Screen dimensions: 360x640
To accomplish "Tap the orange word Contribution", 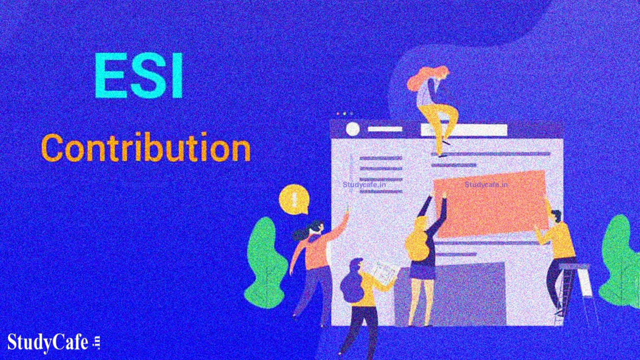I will (145, 148).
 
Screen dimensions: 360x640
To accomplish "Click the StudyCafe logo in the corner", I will (52, 343).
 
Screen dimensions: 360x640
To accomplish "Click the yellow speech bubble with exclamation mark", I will (293, 198).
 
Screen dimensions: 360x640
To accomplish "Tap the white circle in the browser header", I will (352, 129).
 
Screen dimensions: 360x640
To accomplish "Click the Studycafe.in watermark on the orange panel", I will (486, 184).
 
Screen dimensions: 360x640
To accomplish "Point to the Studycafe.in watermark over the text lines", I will (364, 184).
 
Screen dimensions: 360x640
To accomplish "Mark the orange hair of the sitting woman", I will (420, 80).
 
